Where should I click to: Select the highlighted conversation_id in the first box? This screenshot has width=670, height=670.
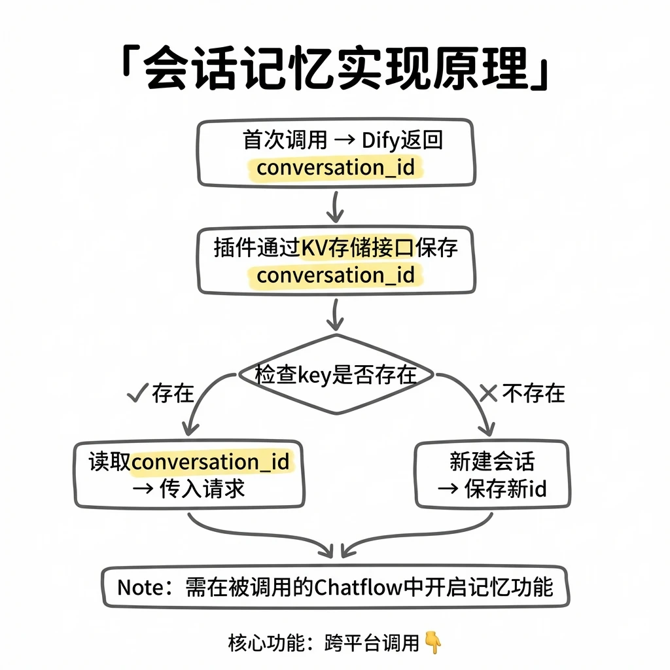(x=336, y=167)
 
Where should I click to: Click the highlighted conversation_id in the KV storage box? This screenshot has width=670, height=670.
(x=336, y=275)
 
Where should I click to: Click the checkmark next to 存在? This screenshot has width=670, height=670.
(x=137, y=393)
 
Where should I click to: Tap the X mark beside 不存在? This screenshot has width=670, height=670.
(x=488, y=393)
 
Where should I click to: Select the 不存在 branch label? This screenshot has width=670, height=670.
(x=533, y=393)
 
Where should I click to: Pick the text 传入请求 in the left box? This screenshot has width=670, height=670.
(x=202, y=488)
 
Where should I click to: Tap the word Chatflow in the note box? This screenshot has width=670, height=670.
(x=359, y=588)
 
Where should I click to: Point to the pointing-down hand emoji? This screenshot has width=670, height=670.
(x=433, y=643)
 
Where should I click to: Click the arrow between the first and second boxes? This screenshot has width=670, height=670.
(x=336, y=207)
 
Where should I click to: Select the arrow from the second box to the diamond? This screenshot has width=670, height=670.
(x=336, y=315)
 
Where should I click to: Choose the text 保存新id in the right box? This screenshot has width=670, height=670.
(x=506, y=488)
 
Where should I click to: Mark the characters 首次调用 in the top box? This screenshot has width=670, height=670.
(x=285, y=141)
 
